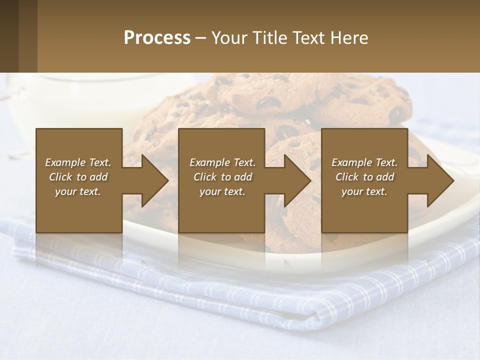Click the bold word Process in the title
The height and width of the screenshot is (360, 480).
tap(157, 38)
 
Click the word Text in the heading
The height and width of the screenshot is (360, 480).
tap(309, 38)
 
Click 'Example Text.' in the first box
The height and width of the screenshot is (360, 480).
tap(78, 162)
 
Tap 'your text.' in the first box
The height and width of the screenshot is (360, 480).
tap(78, 191)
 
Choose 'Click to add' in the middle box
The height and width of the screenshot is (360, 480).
tap(222, 177)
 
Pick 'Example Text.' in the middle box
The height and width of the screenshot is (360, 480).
tap(222, 162)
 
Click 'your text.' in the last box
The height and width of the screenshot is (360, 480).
tap(364, 191)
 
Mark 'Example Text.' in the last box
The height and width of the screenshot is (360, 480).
tap(364, 162)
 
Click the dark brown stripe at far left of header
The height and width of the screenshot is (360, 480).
tap(9, 36)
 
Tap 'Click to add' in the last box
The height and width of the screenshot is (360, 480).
tap(364, 177)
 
